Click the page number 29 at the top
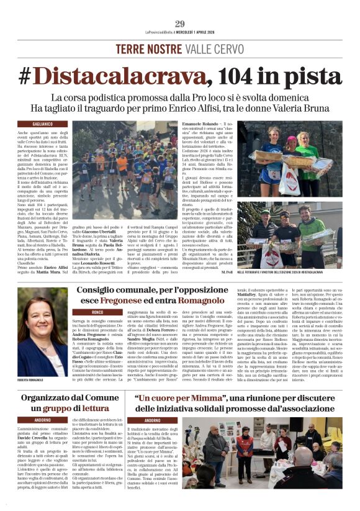pos(180,24)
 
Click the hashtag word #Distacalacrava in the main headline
pos(104,76)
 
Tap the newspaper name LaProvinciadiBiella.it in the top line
pos(156,34)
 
